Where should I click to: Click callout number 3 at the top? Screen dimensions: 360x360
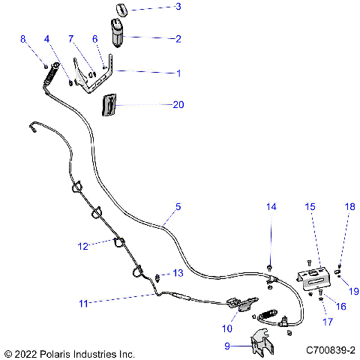pyautogui.click(x=178, y=7)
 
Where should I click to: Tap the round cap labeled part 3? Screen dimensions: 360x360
pyautogui.click(x=120, y=9)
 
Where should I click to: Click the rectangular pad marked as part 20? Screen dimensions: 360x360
pyautogui.click(x=109, y=105)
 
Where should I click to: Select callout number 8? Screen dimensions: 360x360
pyautogui.click(x=22, y=38)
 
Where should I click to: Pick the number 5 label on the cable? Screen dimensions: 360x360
pyautogui.click(x=178, y=206)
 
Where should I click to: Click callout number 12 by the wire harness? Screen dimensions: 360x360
pyautogui.click(x=84, y=245)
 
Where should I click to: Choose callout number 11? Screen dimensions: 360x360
pyautogui.click(x=84, y=304)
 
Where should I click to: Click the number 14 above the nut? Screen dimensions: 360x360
pyautogui.click(x=271, y=205)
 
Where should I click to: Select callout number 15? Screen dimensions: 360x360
pyautogui.click(x=310, y=205)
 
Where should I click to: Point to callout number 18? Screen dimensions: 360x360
pyautogui.click(x=349, y=205)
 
